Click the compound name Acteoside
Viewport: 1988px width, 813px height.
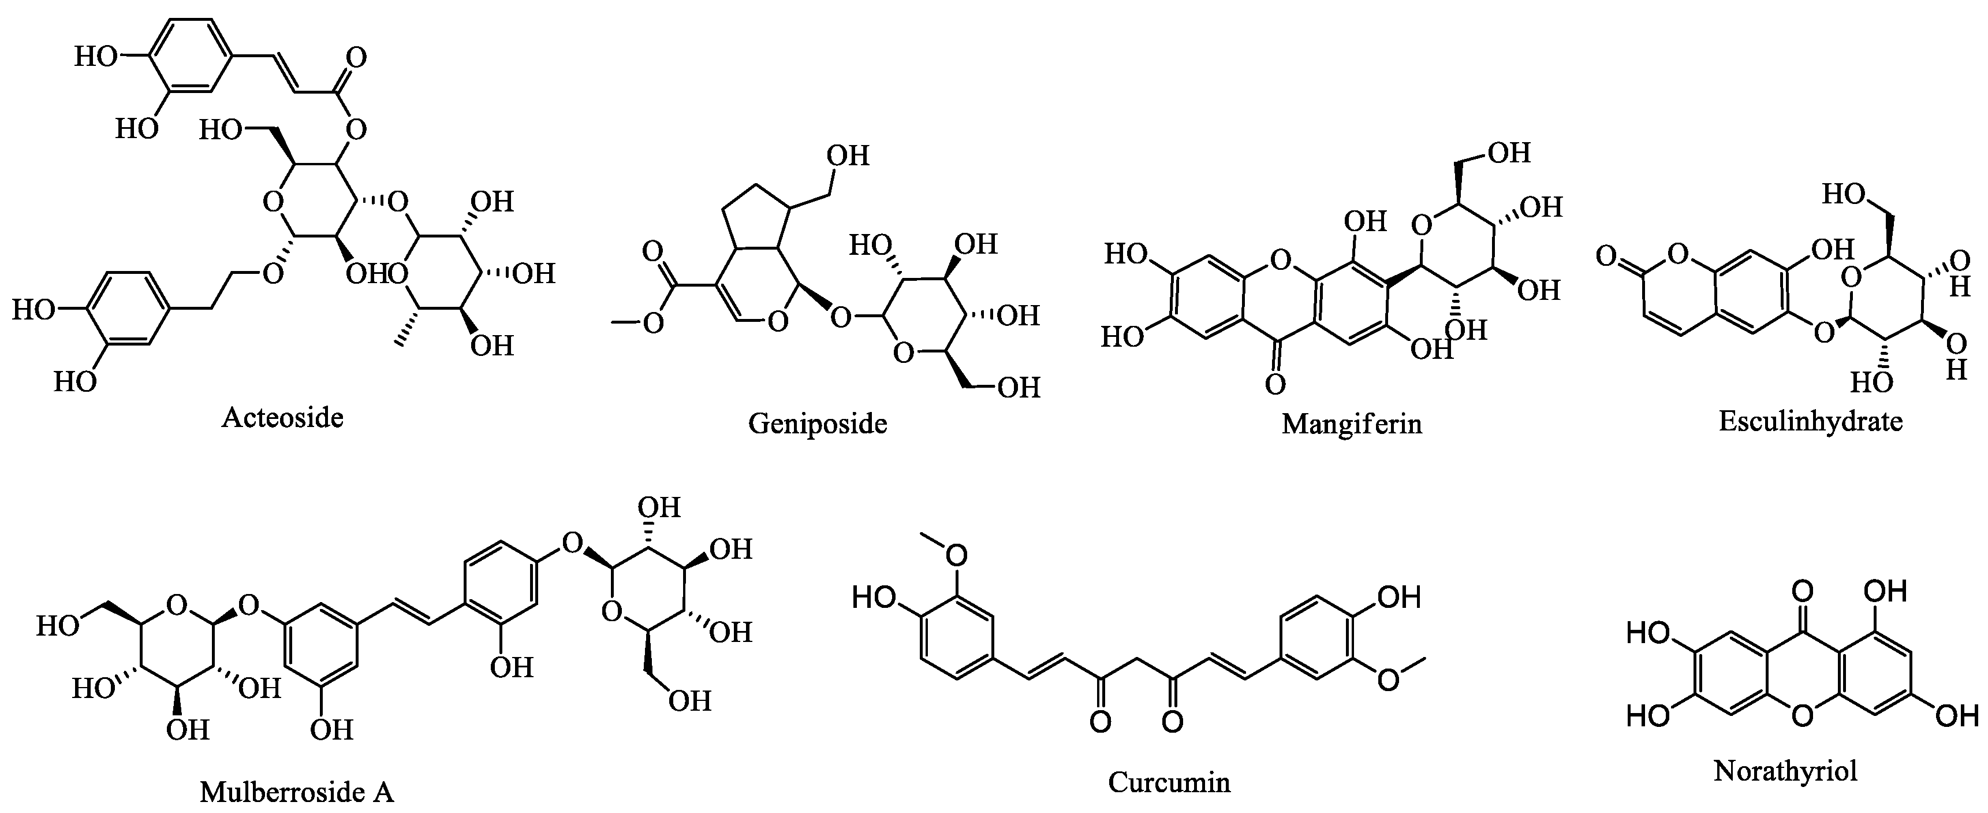click(x=282, y=418)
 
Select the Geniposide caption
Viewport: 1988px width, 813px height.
click(x=817, y=423)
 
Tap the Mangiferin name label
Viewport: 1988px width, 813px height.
click(x=1351, y=423)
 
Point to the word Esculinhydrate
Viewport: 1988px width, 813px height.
click(x=1811, y=421)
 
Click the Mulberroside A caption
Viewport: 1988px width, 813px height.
click(x=297, y=792)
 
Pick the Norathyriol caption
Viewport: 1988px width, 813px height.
click(x=1785, y=771)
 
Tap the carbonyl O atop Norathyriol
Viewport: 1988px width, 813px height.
click(x=1803, y=593)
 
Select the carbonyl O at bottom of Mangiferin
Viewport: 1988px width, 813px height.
click(x=1275, y=384)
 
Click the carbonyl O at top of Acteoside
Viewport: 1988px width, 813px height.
click(x=356, y=58)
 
